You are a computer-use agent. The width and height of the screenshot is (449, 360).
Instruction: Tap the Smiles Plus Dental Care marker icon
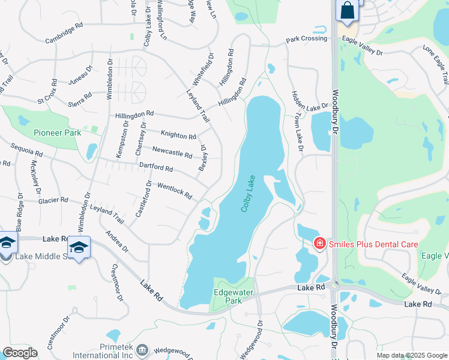tap(320, 244)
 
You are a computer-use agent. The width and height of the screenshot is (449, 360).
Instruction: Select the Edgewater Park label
tap(229, 296)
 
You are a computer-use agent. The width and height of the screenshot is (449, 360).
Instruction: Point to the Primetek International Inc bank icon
tap(142, 350)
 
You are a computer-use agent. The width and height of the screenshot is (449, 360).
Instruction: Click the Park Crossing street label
tap(307, 39)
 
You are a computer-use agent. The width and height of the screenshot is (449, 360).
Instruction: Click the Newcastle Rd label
tap(172, 152)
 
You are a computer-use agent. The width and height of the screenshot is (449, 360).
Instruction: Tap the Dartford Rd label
tap(156, 166)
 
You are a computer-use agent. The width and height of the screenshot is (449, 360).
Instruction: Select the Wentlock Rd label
tap(174, 191)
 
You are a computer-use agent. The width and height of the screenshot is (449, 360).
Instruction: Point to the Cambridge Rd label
tap(64, 35)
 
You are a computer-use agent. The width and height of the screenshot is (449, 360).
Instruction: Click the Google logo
tap(20, 353)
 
